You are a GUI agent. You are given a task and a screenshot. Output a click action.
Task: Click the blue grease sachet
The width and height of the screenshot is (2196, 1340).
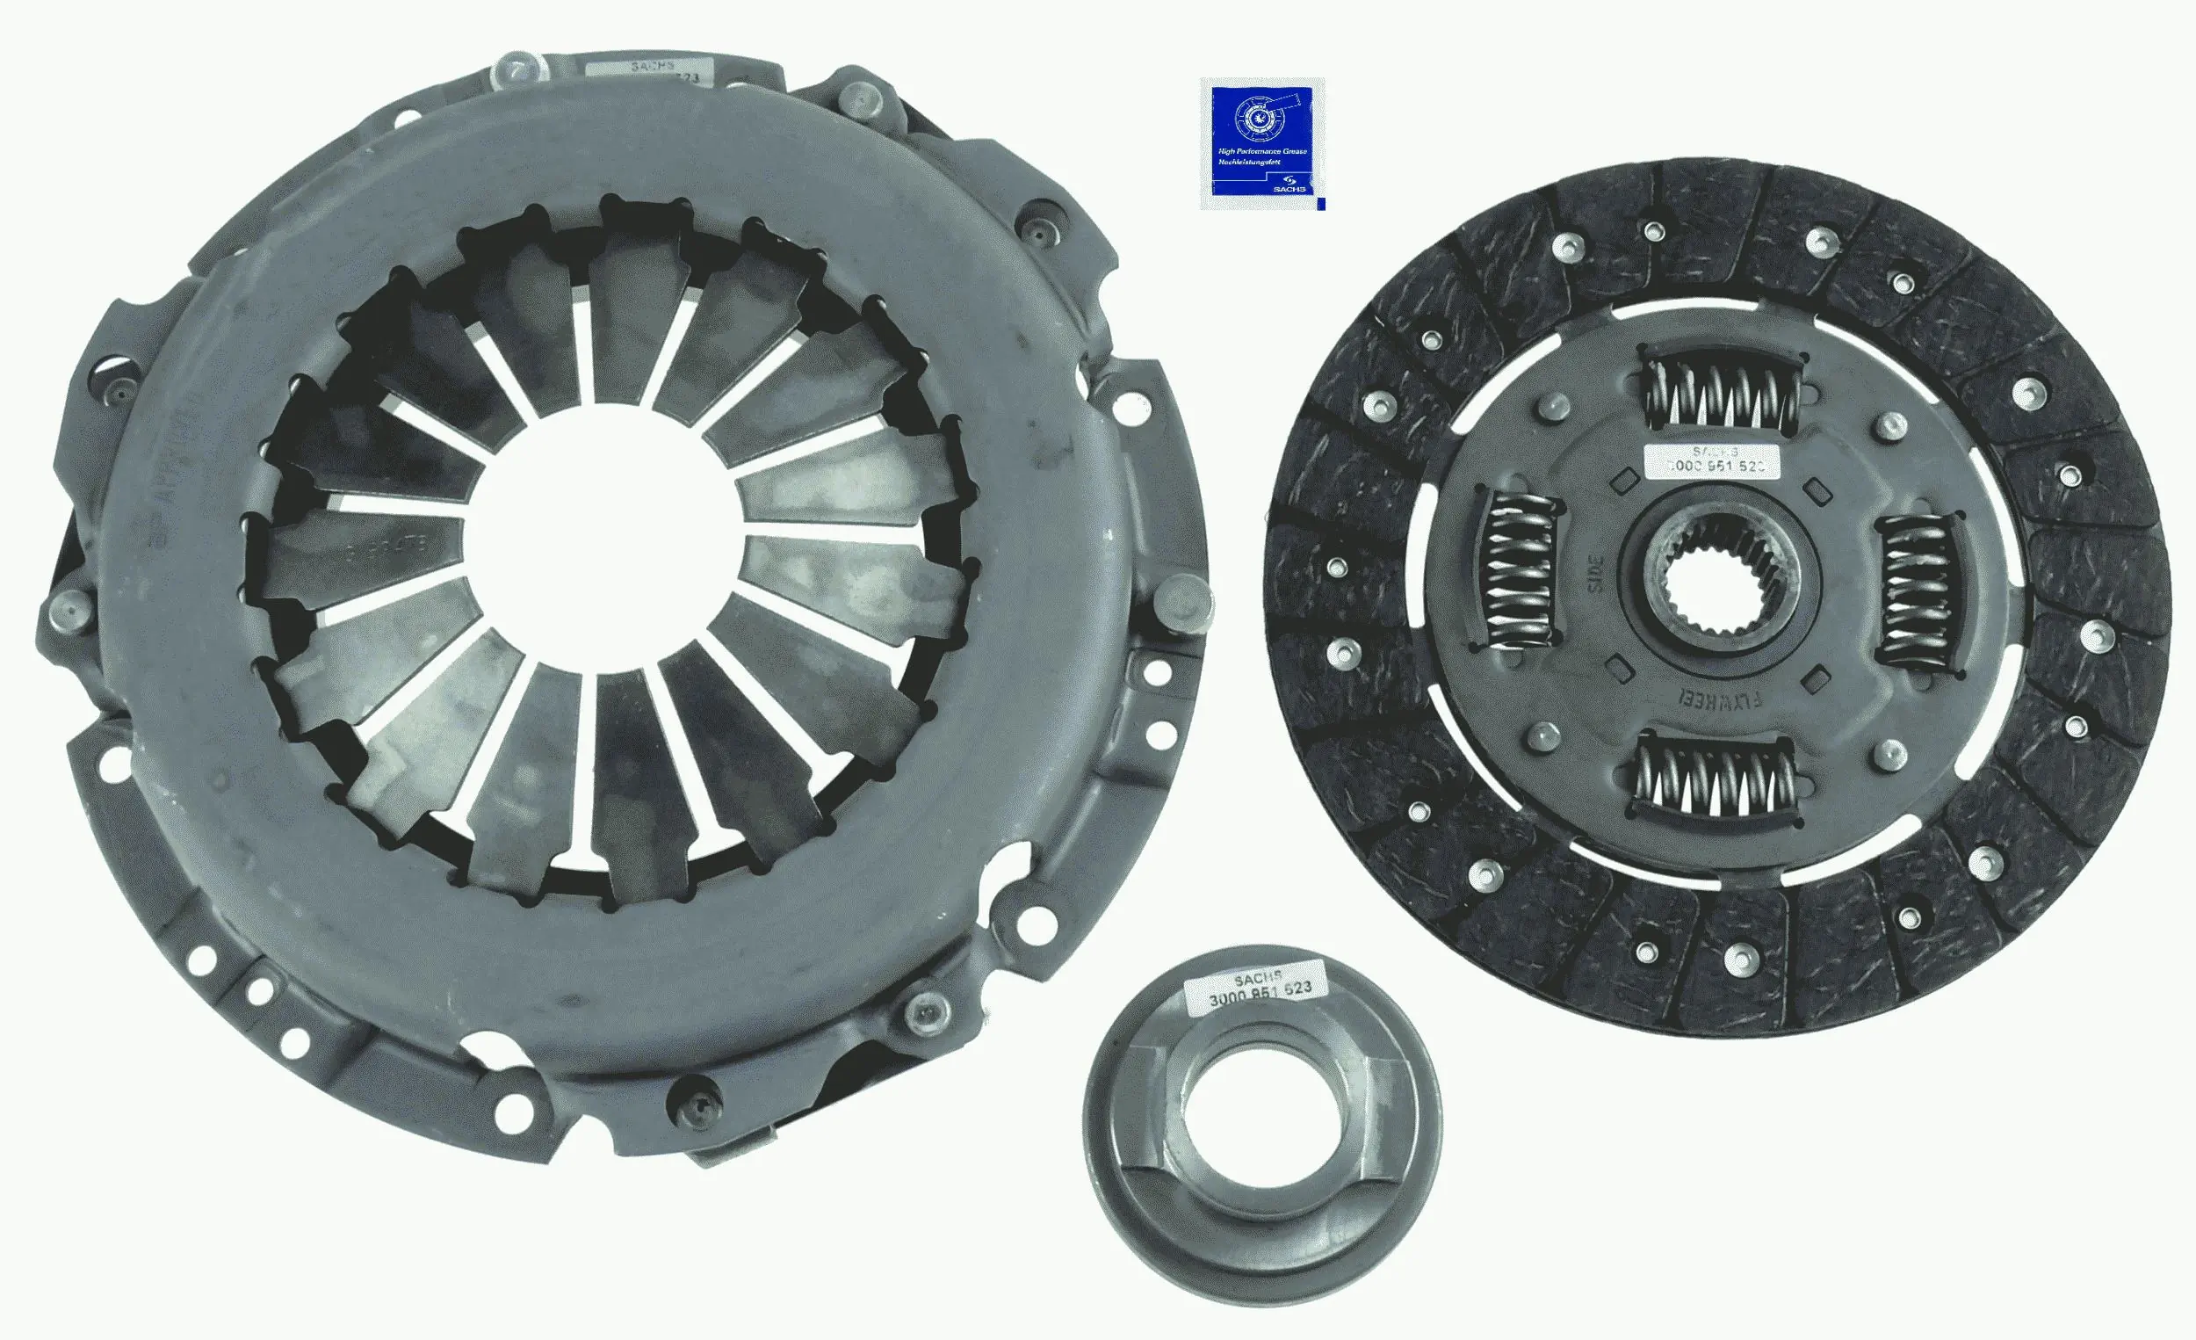(x=1261, y=143)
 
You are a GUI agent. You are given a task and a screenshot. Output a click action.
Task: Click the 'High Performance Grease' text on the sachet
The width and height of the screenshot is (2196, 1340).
(x=1262, y=151)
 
